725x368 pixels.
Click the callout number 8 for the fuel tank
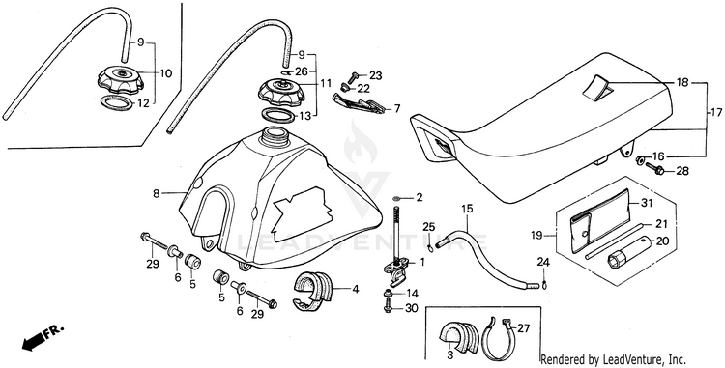pyautogui.click(x=157, y=193)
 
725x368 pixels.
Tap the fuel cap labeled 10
pyautogui.click(x=121, y=80)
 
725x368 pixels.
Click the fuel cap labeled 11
pyautogui.click(x=282, y=91)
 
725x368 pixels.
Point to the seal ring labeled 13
pyautogui.click(x=277, y=114)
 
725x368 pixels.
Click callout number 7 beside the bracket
pyautogui.click(x=396, y=109)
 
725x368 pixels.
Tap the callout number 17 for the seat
pyautogui.click(x=716, y=112)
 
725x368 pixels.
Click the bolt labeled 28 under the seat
pyautogui.click(x=654, y=168)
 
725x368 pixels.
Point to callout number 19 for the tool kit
pyautogui.click(x=536, y=236)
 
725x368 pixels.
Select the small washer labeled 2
pyautogui.click(x=396, y=199)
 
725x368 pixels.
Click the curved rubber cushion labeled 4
pyautogui.click(x=313, y=290)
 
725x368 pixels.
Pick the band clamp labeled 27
pyautogui.click(x=501, y=334)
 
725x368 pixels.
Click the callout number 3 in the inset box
pyautogui.click(x=449, y=355)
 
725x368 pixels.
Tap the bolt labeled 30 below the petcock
pyautogui.click(x=389, y=306)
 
